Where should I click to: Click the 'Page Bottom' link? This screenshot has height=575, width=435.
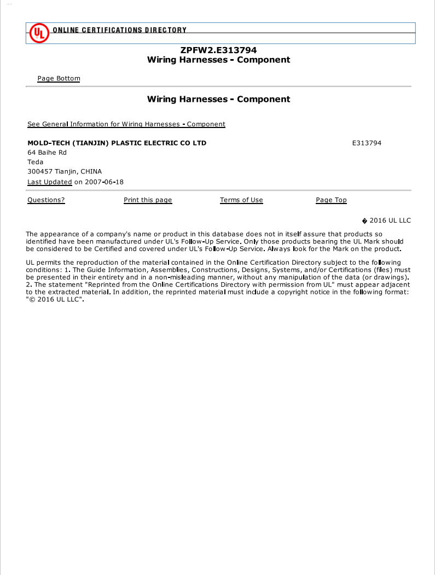pyautogui.click(x=59, y=78)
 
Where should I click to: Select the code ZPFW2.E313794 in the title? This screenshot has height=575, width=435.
pyautogui.click(x=218, y=50)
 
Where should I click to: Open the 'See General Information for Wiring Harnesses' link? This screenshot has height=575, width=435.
pyautogui.click(x=126, y=124)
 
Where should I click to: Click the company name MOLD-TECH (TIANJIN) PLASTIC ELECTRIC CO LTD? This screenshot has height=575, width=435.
pyautogui.click(x=117, y=143)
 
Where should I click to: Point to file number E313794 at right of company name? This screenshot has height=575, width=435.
pyautogui.click(x=367, y=143)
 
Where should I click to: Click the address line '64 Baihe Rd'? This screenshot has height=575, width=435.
pyautogui.click(x=47, y=153)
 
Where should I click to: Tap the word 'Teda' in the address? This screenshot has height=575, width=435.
pyautogui.click(x=35, y=162)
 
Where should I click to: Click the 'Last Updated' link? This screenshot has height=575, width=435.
pyautogui.click(x=49, y=182)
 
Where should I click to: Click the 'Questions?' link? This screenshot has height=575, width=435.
pyautogui.click(x=46, y=200)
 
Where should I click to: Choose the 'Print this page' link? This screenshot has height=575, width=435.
pyautogui.click(x=148, y=200)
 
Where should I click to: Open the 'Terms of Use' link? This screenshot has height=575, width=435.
pyautogui.click(x=241, y=200)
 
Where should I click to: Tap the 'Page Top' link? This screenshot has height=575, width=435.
pyautogui.click(x=331, y=200)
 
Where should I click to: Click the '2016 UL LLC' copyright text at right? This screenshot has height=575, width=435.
pyautogui.click(x=390, y=220)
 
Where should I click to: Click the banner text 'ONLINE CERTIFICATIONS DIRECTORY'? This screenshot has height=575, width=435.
pyautogui.click(x=119, y=30)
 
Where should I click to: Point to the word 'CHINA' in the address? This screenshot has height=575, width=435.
pyautogui.click(x=91, y=172)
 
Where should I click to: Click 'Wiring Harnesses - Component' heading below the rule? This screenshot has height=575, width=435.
pyautogui.click(x=218, y=99)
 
